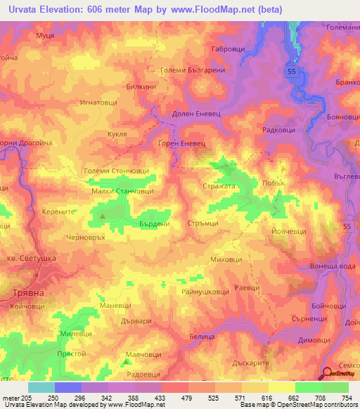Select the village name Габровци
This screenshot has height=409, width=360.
(227, 50)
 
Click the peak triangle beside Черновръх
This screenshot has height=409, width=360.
(103, 216)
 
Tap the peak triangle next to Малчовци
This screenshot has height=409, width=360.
(126, 362)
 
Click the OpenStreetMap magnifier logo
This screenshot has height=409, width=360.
(328, 374)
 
